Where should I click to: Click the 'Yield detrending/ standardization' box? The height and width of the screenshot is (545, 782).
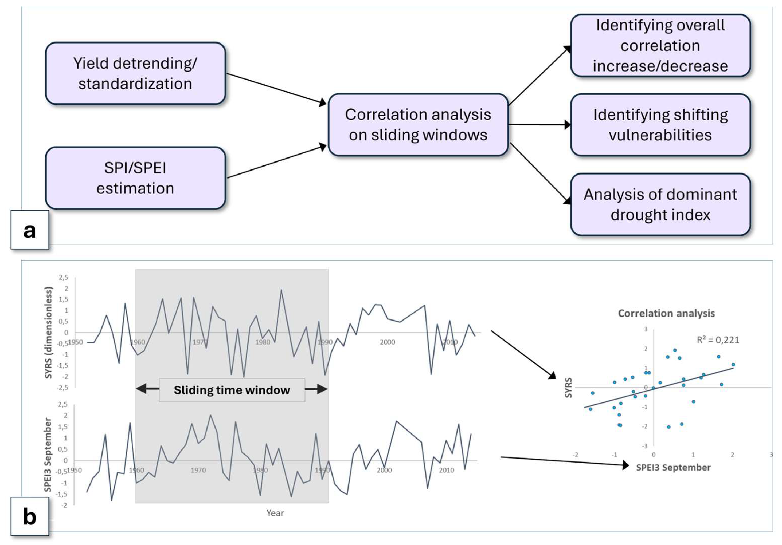(135, 73)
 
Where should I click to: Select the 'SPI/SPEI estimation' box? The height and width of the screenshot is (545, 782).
(135, 178)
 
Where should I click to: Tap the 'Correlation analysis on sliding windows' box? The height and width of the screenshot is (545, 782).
(418, 125)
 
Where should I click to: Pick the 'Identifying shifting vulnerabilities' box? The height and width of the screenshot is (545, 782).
(660, 125)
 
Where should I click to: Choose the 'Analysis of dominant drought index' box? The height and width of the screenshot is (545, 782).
(660, 204)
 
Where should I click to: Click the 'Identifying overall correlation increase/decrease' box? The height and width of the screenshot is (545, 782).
(660, 46)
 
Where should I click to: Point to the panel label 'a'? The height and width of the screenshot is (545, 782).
(30, 230)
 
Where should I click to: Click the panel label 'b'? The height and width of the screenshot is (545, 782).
(30, 516)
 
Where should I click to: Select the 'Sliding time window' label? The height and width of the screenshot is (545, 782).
(232, 390)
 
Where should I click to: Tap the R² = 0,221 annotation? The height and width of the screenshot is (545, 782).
(718, 340)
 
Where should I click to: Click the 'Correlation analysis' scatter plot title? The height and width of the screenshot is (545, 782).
(666, 313)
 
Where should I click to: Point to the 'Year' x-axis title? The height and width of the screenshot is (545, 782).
(275, 513)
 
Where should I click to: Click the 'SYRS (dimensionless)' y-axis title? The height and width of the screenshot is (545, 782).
(49, 333)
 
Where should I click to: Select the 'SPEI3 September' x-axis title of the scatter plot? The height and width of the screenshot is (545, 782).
(673, 467)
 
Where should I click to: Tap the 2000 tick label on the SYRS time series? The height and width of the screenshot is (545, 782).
(387, 342)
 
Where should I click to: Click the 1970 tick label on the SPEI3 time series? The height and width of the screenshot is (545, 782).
(198, 470)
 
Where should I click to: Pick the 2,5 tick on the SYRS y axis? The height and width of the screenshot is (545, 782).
(63, 277)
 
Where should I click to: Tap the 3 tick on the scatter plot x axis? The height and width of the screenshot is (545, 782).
(771, 455)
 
